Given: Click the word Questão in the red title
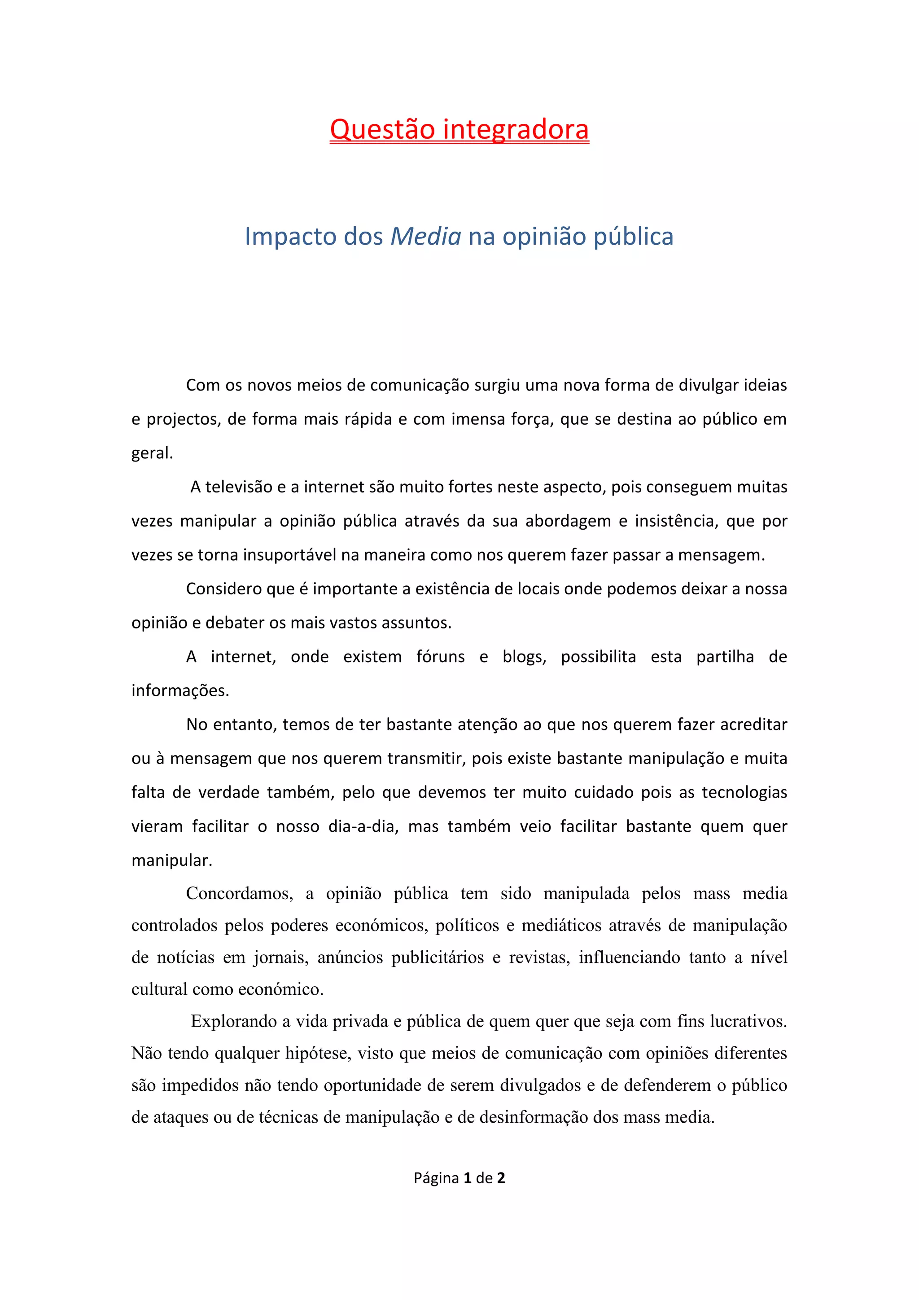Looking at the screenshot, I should tap(382, 130).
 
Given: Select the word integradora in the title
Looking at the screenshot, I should tap(516, 130).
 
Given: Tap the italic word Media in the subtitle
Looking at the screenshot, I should tap(425, 237).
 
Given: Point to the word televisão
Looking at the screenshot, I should tap(238, 487).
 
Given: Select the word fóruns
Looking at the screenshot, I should tap(440, 657).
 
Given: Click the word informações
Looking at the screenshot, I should tap(180, 691).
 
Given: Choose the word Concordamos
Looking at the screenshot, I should tap(239, 893).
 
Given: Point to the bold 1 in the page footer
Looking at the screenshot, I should tap(468, 1178).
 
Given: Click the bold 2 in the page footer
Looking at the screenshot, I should tap(501, 1178).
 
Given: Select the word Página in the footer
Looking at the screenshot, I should tap(436, 1179).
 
